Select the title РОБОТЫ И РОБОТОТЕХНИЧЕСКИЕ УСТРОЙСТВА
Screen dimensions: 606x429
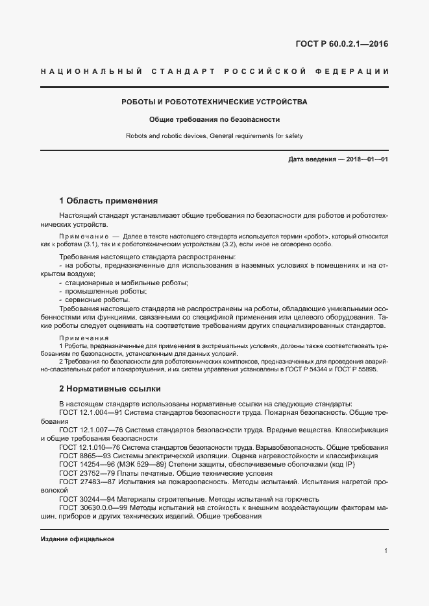pyautogui.click(x=215, y=102)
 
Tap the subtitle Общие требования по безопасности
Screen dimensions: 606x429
pyautogui.click(x=214, y=120)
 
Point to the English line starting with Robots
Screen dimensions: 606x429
pyautogui.click(x=214, y=136)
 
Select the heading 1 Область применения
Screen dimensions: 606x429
pyautogui.click(x=108, y=200)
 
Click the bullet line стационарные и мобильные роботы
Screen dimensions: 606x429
pyautogui.click(x=123, y=283)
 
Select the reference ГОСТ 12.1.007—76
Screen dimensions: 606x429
pyautogui.click(x=90, y=430)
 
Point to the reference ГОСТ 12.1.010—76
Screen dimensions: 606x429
pyautogui.click(x=90, y=447)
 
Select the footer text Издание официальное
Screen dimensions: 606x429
pyautogui.click(x=77, y=539)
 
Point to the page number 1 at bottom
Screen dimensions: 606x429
pyautogui.click(x=386, y=551)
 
